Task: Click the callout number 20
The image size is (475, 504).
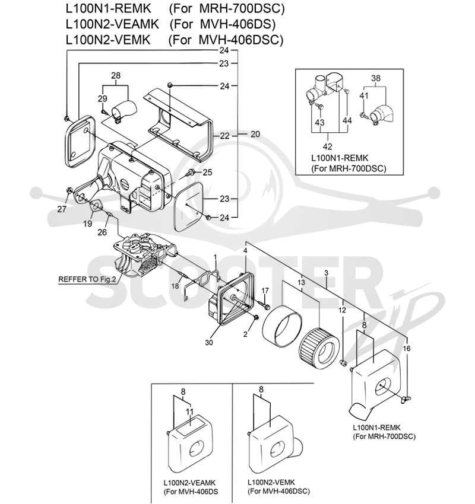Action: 255,134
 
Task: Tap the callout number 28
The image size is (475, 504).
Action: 116,75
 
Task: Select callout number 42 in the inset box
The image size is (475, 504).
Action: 327,146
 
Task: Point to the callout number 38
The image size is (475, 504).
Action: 376,78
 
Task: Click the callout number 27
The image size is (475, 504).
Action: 62,209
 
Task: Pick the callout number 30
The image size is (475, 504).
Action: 209,343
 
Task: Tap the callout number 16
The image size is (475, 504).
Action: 407,349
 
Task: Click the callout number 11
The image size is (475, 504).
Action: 189,412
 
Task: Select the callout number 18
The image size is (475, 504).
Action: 175,286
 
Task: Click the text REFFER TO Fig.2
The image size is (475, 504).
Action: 87,279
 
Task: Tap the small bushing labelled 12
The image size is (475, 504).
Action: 343,363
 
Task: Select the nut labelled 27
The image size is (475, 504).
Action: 69,191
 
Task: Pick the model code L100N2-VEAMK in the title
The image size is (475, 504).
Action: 112,24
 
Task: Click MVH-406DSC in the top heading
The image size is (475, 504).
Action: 241,40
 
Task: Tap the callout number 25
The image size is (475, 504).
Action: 208,173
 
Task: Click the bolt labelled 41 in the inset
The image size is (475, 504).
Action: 363,115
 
